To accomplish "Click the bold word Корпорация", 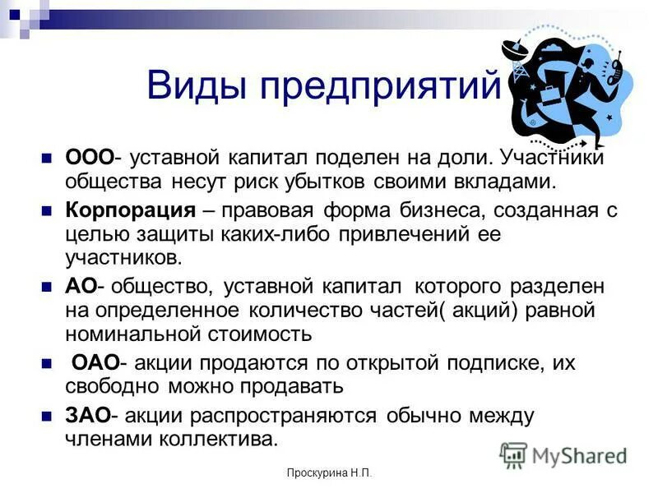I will (x=130, y=210).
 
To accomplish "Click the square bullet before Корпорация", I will (x=47, y=210).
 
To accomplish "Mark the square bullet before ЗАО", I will (x=47, y=416).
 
